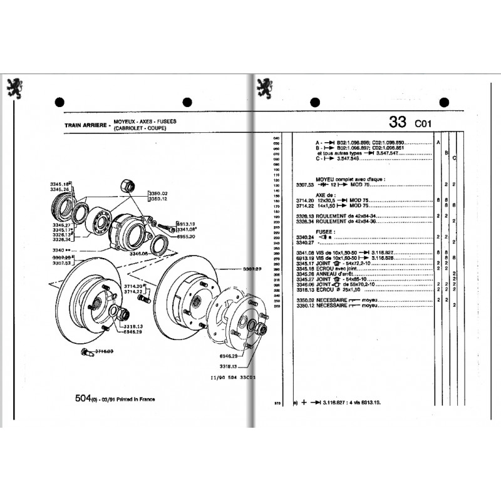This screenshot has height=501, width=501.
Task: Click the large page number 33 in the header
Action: point(397,121)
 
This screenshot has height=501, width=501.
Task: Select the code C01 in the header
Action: point(421,123)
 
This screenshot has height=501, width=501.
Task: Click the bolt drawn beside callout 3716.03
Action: point(86,354)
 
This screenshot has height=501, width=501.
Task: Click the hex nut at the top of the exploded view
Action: point(126,186)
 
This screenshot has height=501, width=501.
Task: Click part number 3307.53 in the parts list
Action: point(305,185)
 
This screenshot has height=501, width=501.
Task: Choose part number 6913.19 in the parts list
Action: point(305,257)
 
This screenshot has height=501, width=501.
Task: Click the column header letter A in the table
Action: point(438,143)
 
